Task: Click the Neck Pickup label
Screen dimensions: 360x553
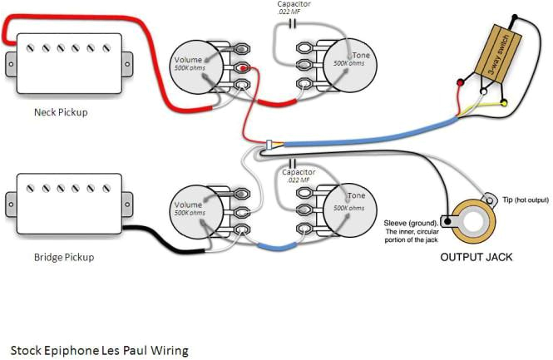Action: pyautogui.click(x=60, y=111)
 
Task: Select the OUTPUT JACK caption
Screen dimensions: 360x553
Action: pyautogui.click(x=476, y=258)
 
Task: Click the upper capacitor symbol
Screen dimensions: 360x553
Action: pyautogui.click(x=290, y=23)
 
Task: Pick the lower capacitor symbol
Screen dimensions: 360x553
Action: pyautogui.click(x=290, y=161)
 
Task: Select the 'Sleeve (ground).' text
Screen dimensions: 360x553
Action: pyautogui.click(x=411, y=223)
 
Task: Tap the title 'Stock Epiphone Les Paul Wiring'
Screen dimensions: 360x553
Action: pyautogui.click(x=99, y=350)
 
